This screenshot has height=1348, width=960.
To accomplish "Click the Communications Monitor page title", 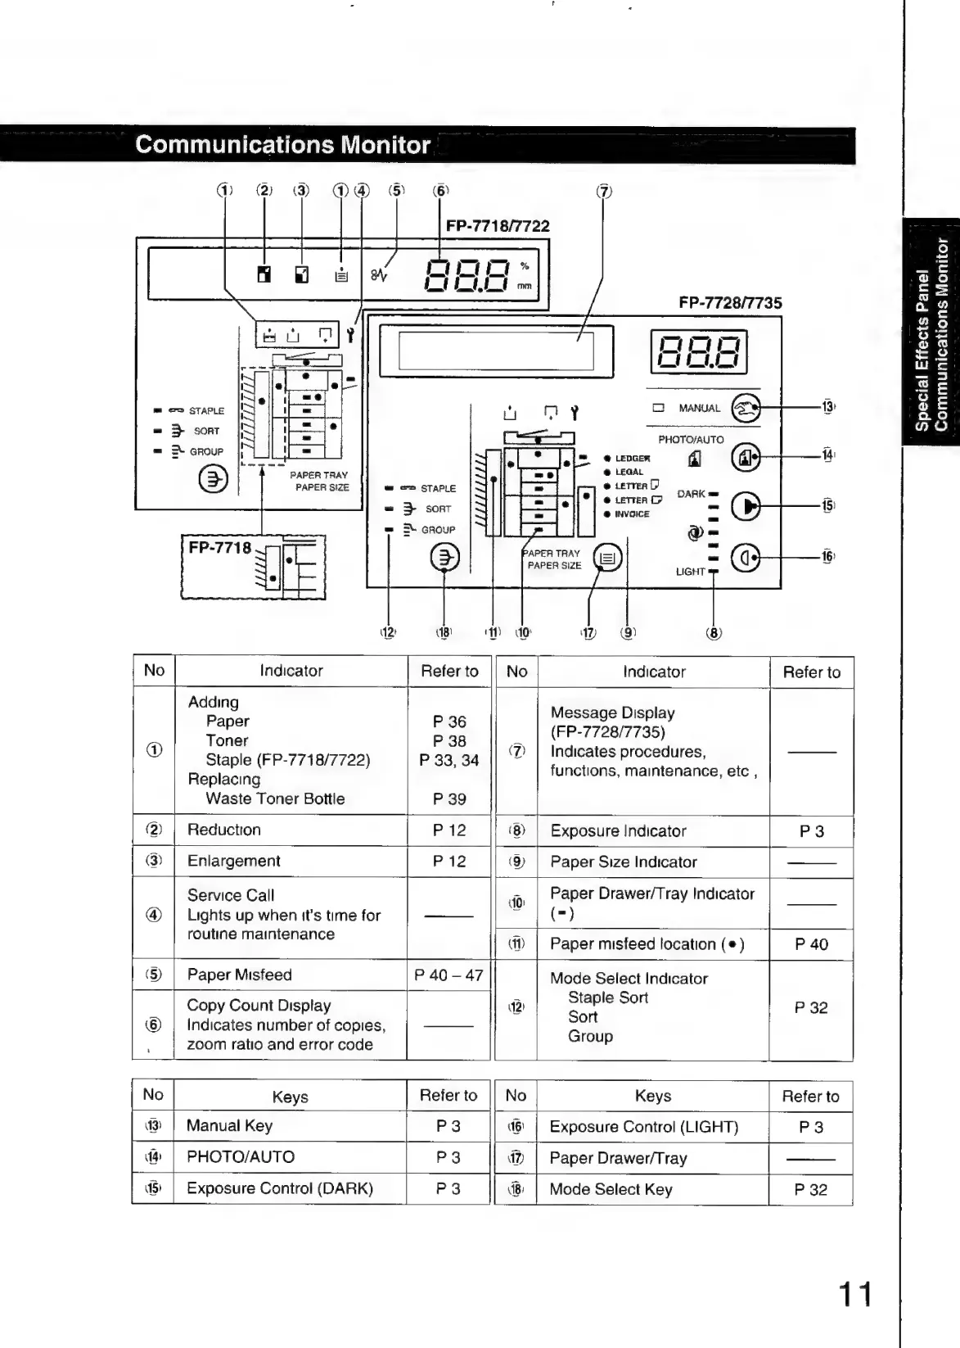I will click(x=282, y=145).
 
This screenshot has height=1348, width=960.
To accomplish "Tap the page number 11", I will click(x=855, y=1295).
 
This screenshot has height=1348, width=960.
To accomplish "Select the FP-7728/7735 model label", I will click(x=730, y=303).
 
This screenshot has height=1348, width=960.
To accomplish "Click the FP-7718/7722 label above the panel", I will click(x=498, y=226).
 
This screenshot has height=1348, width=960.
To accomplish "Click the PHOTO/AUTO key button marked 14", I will click(x=746, y=457).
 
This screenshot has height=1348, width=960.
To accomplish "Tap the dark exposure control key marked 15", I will click(x=746, y=507).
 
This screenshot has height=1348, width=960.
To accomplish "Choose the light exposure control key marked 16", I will click(x=746, y=558).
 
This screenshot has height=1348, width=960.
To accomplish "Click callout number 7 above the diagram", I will click(x=604, y=192).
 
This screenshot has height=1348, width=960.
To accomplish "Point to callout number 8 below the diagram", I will click(x=714, y=632).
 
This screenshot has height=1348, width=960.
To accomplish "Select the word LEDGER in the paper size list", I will click(x=633, y=459).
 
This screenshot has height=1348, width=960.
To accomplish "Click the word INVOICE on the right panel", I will click(x=632, y=514).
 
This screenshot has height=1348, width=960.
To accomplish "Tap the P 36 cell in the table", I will click(x=449, y=721).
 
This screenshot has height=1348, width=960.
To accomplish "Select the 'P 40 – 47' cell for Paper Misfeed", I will click(x=448, y=975).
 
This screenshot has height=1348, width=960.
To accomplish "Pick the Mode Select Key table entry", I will click(x=611, y=1189).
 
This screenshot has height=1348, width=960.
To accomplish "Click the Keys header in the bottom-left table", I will click(x=290, y=1097).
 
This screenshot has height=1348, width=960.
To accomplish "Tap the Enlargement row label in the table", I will click(x=233, y=861).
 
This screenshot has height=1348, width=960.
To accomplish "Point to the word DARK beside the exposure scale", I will click(x=691, y=494).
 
